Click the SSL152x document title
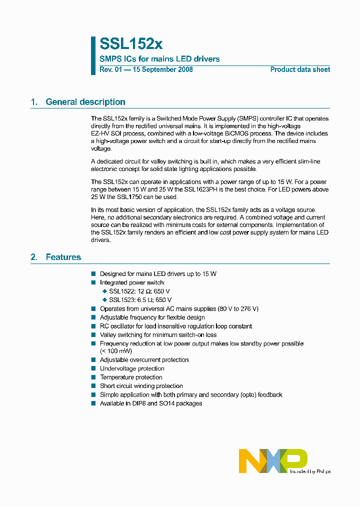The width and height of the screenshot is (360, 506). (131, 43)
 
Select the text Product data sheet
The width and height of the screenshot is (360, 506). (300, 69)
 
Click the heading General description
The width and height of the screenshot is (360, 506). (85, 102)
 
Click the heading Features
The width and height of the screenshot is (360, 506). (63, 257)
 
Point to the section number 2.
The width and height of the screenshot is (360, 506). (34, 257)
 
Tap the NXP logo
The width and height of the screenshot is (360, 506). (272, 460)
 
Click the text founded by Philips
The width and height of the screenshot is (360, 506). (309, 471)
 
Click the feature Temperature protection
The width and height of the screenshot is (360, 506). (131, 377)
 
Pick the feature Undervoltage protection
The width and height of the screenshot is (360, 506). (132, 368)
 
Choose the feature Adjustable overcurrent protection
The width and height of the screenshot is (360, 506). (144, 359)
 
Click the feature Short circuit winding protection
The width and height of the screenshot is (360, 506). (141, 386)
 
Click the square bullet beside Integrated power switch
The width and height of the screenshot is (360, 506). (93, 283)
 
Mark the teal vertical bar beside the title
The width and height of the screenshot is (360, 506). (93, 55)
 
